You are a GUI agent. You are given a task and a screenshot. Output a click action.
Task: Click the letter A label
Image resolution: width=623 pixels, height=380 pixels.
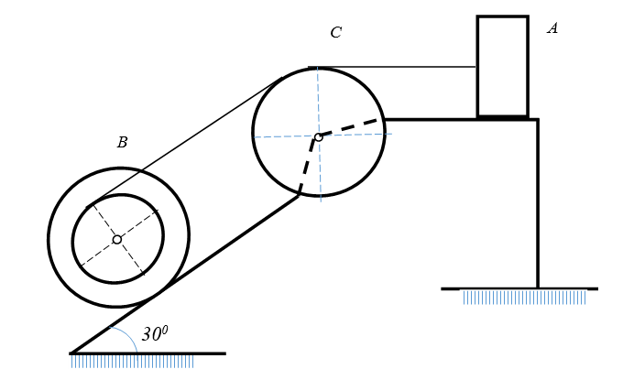pos(552,28)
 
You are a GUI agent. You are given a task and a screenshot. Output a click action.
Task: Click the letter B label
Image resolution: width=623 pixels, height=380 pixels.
pos(123,142)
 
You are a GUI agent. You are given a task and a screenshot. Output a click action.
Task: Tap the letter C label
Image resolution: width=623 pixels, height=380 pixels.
pos(336,33)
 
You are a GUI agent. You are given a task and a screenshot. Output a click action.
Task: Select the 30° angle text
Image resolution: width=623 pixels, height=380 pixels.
pos(155,334)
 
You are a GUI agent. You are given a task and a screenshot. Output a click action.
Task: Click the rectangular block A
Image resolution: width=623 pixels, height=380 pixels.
pos(503,67)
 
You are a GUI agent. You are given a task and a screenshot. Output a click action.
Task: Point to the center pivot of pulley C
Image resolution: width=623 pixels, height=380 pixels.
pos(318,137)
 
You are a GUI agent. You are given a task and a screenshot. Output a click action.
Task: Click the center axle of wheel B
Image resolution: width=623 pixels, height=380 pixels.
pos(117,239)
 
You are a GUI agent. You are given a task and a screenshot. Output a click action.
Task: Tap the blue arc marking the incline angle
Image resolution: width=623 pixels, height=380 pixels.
pos(129,336)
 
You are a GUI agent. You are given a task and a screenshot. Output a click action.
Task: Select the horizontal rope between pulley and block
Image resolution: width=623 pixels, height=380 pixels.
pos(392,67)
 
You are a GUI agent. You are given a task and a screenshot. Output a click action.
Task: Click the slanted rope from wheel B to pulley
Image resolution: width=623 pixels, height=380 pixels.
pos(184,142)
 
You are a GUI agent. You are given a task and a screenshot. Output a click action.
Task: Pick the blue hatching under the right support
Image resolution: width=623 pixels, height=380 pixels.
pos(524,298)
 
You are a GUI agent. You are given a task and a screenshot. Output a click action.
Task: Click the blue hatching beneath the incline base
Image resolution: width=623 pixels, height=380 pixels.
pos(132,362)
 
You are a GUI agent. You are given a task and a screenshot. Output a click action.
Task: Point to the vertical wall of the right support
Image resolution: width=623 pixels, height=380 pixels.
pos(538,203)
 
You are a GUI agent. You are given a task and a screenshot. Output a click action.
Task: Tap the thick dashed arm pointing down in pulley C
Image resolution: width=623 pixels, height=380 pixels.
pos(307,166)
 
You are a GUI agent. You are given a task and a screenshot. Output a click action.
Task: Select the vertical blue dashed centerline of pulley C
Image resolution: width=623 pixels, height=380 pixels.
pos(319,135)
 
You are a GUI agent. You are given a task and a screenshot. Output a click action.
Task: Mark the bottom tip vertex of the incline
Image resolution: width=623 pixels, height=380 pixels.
pos(71,353)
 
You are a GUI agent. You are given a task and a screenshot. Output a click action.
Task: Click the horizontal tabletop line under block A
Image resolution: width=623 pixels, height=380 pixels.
pos(461,119)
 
